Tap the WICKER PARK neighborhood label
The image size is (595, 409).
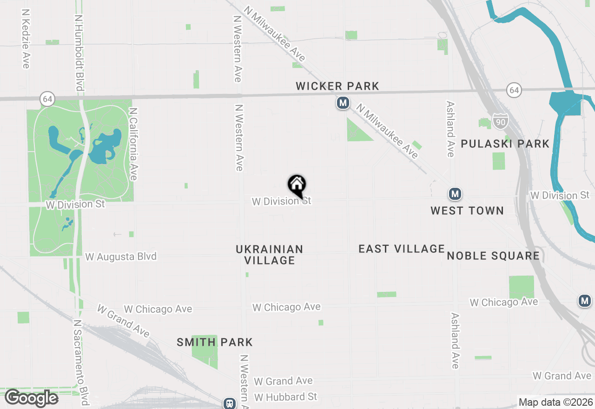click(337, 86)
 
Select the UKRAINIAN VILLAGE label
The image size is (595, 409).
click(270, 255)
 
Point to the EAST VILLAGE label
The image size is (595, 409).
click(402, 249)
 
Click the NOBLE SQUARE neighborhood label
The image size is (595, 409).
click(493, 256)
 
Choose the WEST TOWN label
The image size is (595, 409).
click(467, 211)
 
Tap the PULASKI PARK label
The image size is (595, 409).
click(505, 144)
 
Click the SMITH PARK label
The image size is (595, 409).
click(215, 343)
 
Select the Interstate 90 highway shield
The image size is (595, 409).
click(501, 122)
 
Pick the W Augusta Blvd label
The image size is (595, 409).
click(121, 257)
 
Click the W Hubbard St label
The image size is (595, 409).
click(285, 397)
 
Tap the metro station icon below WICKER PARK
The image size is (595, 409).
click(343, 103)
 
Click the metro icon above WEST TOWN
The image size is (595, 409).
click(455, 194)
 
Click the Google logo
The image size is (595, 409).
click(31, 398)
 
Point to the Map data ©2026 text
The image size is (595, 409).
click(555, 402)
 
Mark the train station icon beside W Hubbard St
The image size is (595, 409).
click(230, 403)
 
